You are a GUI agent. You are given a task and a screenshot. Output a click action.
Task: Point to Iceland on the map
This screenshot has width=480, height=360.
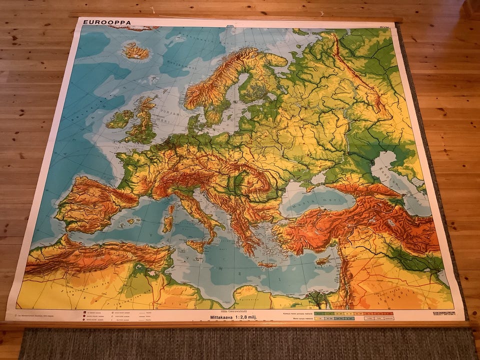click(135, 50)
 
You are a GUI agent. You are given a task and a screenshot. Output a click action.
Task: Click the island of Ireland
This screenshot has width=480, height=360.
click(119, 119)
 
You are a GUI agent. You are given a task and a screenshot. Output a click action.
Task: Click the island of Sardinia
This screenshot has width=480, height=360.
click(168, 224)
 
